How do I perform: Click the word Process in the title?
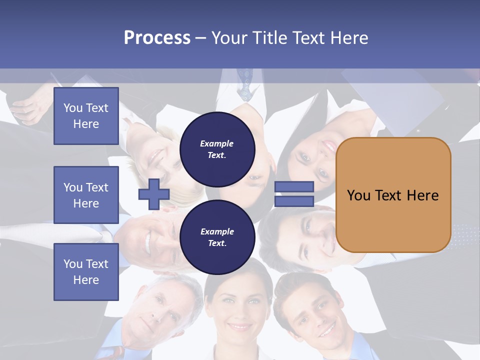tap(157, 38)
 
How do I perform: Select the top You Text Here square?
tap(86, 116)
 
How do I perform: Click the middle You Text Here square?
tap(86, 195)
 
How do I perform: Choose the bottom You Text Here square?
tap(86, 271)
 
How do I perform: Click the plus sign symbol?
tap(154, 194)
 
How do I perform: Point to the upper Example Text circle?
tap(217, 149)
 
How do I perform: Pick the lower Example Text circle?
tap(217, 237)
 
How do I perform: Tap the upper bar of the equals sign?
tap(294, 187)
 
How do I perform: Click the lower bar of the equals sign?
tap(294, 201)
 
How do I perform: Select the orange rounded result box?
tap(393, 195)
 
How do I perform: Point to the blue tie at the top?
tap(245, 85)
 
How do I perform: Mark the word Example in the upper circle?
tap(216, 143)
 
